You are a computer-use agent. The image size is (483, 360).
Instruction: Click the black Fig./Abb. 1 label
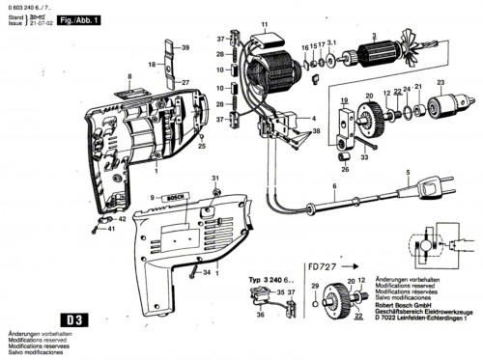[81, 18]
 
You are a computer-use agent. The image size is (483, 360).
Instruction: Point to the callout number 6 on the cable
[334, 184]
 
